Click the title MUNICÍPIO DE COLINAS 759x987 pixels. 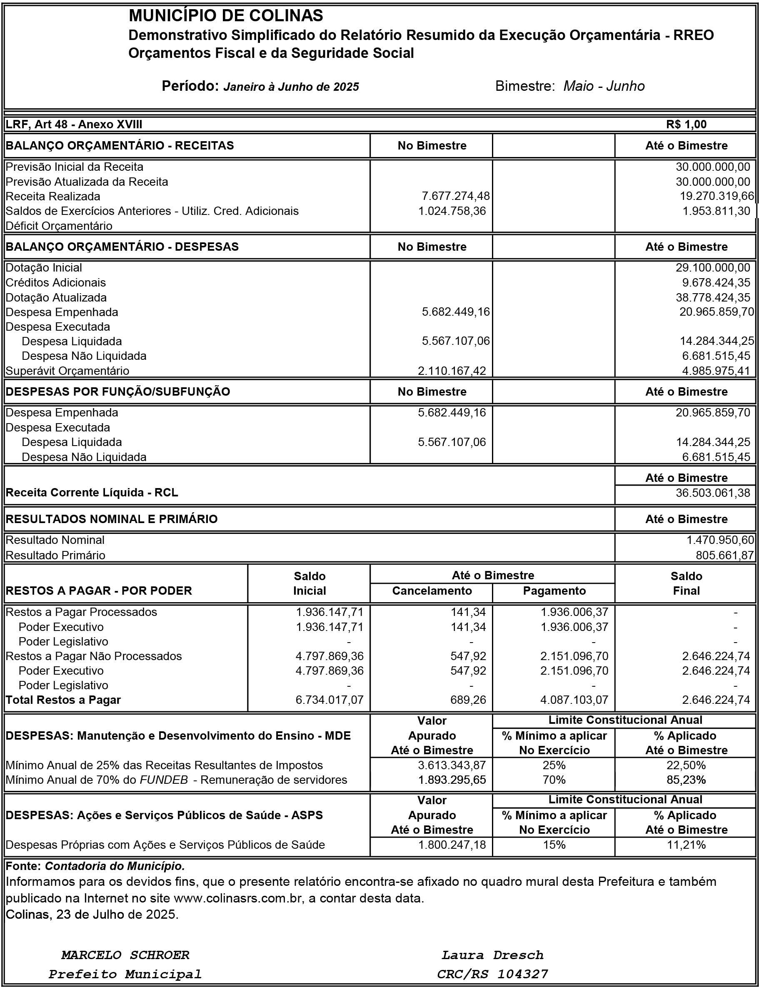[226, 16]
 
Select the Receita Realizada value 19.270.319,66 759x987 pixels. [717, 196]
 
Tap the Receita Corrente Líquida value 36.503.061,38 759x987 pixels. [712, 492]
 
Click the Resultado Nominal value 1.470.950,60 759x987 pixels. [720, 540]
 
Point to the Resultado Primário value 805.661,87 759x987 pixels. [725, 555]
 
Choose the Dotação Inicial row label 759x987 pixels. [44, 267]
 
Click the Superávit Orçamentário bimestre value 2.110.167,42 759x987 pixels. [452, 371]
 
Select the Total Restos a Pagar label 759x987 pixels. [63, 700]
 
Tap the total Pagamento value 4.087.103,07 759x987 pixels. [574, 700]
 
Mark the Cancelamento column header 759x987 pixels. [432, 591]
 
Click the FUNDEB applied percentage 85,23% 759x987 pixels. [686, 780]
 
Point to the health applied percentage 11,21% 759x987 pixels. [686, 845]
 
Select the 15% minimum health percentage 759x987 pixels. [554, 845]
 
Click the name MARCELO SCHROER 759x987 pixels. [125, 955]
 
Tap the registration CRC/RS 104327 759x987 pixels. [492, 974]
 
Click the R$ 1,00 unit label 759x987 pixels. [686, 124]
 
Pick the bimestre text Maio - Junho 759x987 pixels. [604, 86]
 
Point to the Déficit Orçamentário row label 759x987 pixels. [59, 225]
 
